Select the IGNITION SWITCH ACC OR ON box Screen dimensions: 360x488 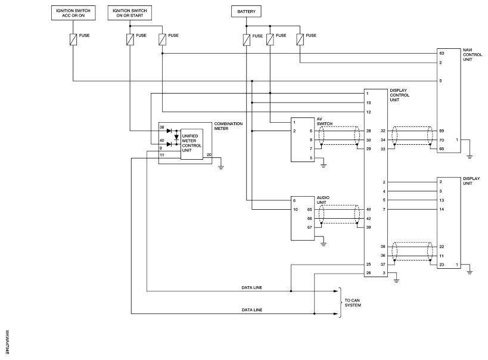pos(72,12)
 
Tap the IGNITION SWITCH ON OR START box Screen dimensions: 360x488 pos(130,12)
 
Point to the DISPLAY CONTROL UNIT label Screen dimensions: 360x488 pos(398,95)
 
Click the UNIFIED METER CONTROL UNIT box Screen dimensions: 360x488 pos(191,144)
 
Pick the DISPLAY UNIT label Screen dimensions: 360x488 pos(471,181)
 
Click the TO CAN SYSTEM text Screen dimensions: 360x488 pos(352,302)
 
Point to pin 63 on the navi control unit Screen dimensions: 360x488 pos(442,53)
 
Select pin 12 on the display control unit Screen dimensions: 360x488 pos(369,112)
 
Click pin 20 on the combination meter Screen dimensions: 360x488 pos(208,155)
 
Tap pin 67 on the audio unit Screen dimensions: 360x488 pos(309,227)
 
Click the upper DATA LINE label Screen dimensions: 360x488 pos(252,287)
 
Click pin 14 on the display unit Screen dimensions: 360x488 pos(441,210)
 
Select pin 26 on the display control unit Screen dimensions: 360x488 pos(369,273)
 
